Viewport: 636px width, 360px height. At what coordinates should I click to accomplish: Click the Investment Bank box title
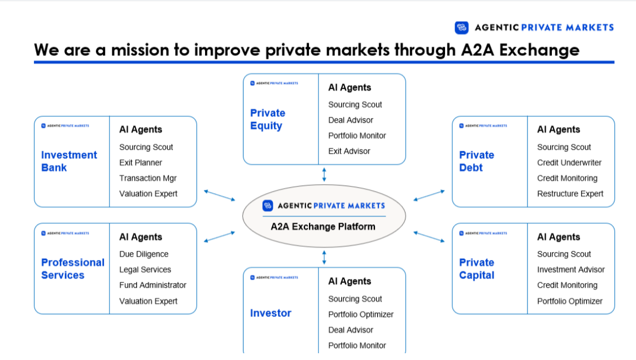click(69, 161)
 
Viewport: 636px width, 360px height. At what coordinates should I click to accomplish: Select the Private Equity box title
click(268, 119)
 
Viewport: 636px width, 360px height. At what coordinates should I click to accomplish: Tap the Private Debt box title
click(477, 161)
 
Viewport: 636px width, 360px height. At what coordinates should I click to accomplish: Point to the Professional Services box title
click(73, 268)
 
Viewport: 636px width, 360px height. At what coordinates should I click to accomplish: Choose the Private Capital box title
click(477, 268)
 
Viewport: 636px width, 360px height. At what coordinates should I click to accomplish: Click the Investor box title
click(271, 313)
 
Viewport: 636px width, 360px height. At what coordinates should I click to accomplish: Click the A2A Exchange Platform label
click(323, 227)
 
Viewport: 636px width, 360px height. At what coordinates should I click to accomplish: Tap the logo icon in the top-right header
click(461, 27)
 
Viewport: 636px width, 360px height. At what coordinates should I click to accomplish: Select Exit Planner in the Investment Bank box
click(141, 163)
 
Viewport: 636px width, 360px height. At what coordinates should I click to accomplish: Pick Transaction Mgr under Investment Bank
click(148, 178)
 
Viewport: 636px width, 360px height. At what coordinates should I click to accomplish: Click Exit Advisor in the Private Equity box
click(349, 151)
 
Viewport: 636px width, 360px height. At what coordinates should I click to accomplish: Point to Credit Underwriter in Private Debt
click(569, 163)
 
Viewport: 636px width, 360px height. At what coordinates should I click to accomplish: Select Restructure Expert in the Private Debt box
click(570, 193)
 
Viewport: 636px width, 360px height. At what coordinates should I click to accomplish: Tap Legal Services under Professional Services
click(145, 270)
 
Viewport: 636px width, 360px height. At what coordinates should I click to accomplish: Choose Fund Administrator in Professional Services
click(153, 285)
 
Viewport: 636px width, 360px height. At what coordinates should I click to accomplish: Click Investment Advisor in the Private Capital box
click(570, 270)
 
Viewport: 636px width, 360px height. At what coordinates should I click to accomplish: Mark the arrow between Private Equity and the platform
click(324, 174)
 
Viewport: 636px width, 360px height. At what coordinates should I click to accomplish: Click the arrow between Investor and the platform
click(324, 258)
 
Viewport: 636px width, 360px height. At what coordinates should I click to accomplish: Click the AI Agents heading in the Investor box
click(350, 281)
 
